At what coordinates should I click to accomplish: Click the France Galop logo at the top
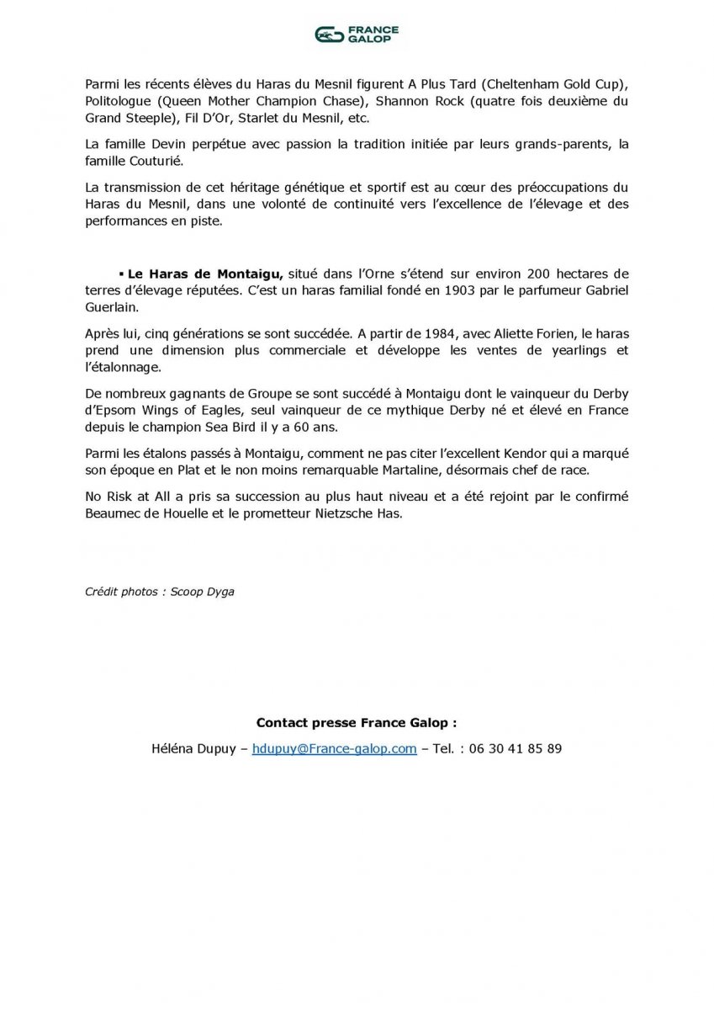[357, 34]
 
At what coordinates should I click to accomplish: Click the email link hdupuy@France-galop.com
[334, 748]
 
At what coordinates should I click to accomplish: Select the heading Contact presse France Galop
[357, 722]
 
